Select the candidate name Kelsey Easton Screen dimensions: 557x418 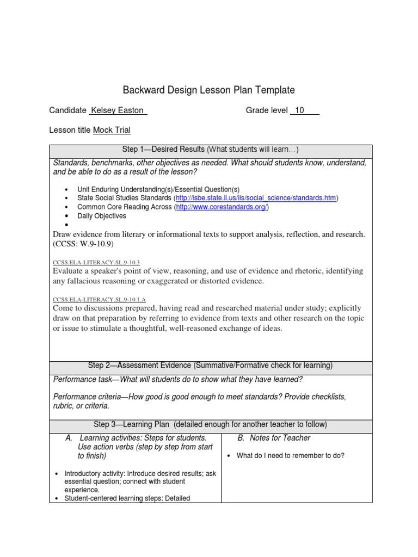[118, 110]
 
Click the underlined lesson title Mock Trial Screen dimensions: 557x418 [112, 130]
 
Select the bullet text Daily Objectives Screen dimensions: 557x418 [102, 216]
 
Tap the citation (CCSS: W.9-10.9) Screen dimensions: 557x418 [83, 244]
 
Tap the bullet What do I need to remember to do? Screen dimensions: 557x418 [290, 456]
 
